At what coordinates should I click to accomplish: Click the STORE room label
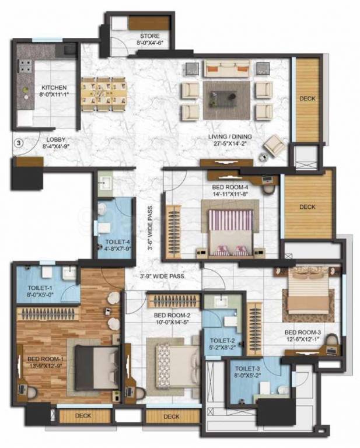(x=150, y=36)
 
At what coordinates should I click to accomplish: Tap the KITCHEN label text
(x=54, y=87)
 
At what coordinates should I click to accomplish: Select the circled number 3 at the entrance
(x=19, y=143)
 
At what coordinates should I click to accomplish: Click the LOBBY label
(x=56, y=140)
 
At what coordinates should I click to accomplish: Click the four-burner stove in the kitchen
(x=25, y=66)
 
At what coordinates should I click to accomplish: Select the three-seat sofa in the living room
(x=228, y=69)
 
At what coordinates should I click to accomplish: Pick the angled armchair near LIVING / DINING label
(x=274, y=146)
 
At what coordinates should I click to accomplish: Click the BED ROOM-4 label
(x=230, y=187)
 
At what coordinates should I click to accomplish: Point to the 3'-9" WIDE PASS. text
(x=162, y=276)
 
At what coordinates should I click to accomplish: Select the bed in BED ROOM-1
(x=97, y=367)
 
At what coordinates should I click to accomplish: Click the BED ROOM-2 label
(x=172, y=316)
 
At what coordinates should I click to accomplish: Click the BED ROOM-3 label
(x=303, y=332)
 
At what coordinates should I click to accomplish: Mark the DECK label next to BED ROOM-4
(x=307, y=207)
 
